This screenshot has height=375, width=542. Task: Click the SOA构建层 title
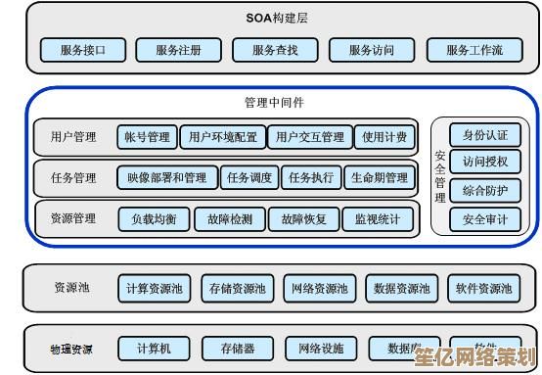click(278, 18)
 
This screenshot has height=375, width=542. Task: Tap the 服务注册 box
click(178, 50)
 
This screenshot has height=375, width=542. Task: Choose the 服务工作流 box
click(474, 50)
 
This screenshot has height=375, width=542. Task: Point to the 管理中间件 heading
click(275, 102)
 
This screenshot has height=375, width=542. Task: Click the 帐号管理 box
click(147, 137)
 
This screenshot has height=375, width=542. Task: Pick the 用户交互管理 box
click(309, 137)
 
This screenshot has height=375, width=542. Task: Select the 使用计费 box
click(384, 137)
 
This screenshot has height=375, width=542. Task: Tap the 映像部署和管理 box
click(167, 177)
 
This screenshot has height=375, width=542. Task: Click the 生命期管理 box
click(379, 177)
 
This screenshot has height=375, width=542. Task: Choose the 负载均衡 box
click(154, 219)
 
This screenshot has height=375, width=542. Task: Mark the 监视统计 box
click(377, 219)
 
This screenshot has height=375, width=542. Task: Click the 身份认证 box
click(485, 135)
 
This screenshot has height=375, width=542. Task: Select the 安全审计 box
click(485, 219)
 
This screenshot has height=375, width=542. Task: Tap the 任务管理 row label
click(73, 178)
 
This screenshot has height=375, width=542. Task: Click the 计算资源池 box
click(154, 289)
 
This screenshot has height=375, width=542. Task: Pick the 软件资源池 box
click(483, 289)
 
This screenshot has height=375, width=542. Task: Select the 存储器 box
click(238, 349)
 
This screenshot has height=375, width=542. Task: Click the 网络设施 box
click(320, 349)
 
